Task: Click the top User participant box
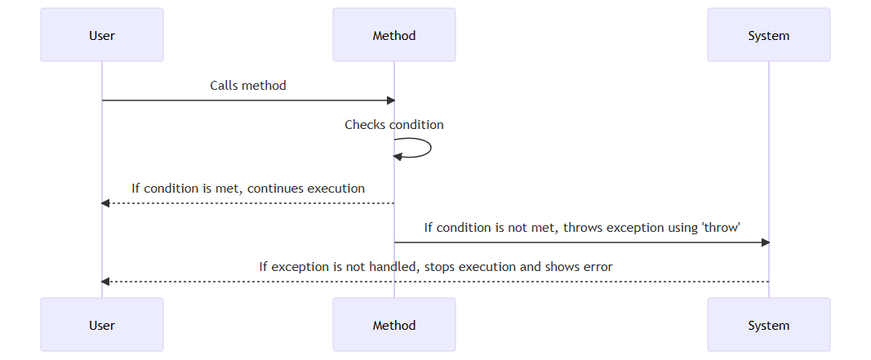102,35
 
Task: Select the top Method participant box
394,35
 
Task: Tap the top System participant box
768,35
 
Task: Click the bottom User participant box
102,325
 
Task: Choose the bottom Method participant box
394,325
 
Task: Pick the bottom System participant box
768,325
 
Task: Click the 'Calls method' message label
248,85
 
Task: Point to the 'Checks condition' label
394,125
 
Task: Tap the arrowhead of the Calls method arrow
390,100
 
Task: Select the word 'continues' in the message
275,189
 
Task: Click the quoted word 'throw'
721,228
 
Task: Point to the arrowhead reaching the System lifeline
765,242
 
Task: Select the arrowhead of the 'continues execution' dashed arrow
105,203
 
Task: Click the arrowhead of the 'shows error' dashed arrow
105,282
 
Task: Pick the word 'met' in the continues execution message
228,189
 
